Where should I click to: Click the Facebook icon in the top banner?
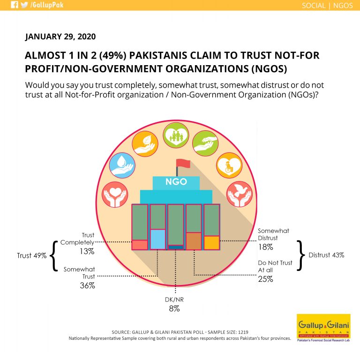pyautogui.click(x=15, y=5)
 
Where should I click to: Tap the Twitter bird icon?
pyautogui.click(x=24, y=5)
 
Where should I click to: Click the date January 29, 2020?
pyautogui.click(x=60, y=37)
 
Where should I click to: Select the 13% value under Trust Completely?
pyautogui.click(x=87, y=251)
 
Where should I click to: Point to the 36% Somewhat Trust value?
pyautogui.click(x=87, y=285)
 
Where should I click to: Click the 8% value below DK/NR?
pyautogui.click(x=174, y=309)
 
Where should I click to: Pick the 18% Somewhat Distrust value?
pyautogui.click(x=266, y=247)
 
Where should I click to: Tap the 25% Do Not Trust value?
pyautogui.click(x=266, y=279)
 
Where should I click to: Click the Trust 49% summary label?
pyautogui.click(x=32, y=255)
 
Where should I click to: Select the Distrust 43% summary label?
pyautogui.click(x=326, y=255)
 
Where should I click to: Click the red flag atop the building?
pyautogui.click(x=183, y=164)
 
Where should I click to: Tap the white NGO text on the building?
pyautogui.click(x=176, y=182)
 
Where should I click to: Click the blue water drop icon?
pyautogui.click(x=122, y=165)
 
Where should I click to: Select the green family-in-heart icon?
pyautogui.click(x=176, y=135)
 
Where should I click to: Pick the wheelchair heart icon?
pyautogui.click(x=229, y=165)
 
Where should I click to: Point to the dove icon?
pyautogui.click(x=240, y=194)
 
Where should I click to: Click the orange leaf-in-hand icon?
pyautogui.click(x=145, y=144)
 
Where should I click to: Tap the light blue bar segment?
pyautogui.click(x=157, y=239)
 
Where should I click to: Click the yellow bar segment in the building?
pyautogui.click(x=212, y=243)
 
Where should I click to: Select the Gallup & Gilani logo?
pyautogui.click(x=323, y=328)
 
